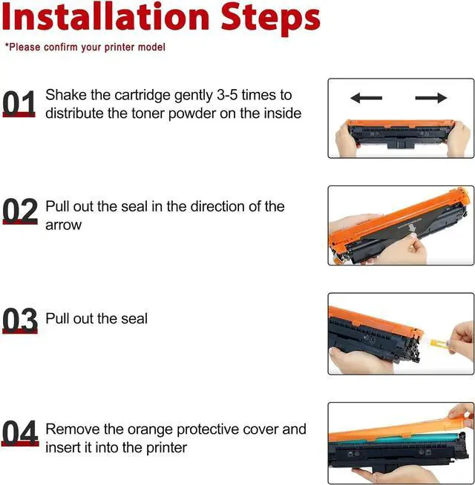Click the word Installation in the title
[106, 17]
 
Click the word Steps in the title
[271, 19]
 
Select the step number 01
[19, 104]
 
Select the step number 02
[20, 211]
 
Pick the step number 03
[20, 320]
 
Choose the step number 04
[20, 433]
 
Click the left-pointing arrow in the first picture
[367, 98]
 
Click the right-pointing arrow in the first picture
[431, 98]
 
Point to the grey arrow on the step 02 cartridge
[411, 228]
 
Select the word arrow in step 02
[64, 225]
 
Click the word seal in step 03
[134, 319]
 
